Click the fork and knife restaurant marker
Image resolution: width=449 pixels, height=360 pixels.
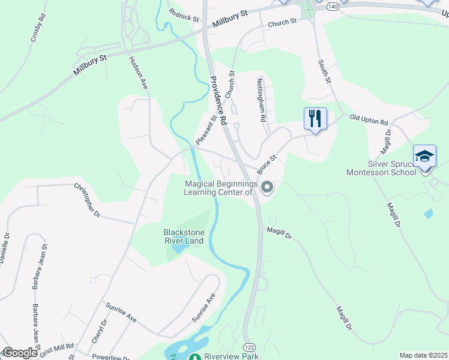[315, 119]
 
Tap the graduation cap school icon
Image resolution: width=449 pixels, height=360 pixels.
[424, 157]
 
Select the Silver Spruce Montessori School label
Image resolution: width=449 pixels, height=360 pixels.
[381, 168]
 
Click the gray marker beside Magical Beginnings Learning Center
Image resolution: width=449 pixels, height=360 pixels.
[267, 188]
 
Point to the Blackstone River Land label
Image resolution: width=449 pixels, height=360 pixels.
[183, 236]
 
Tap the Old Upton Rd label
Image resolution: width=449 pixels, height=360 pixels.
[369, 120]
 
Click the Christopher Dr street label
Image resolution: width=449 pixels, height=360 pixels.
[86, 200]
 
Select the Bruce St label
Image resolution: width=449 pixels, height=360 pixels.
[267, 161]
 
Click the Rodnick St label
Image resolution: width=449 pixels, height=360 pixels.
[184, 14]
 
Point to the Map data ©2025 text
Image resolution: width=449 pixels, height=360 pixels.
[423, 355]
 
